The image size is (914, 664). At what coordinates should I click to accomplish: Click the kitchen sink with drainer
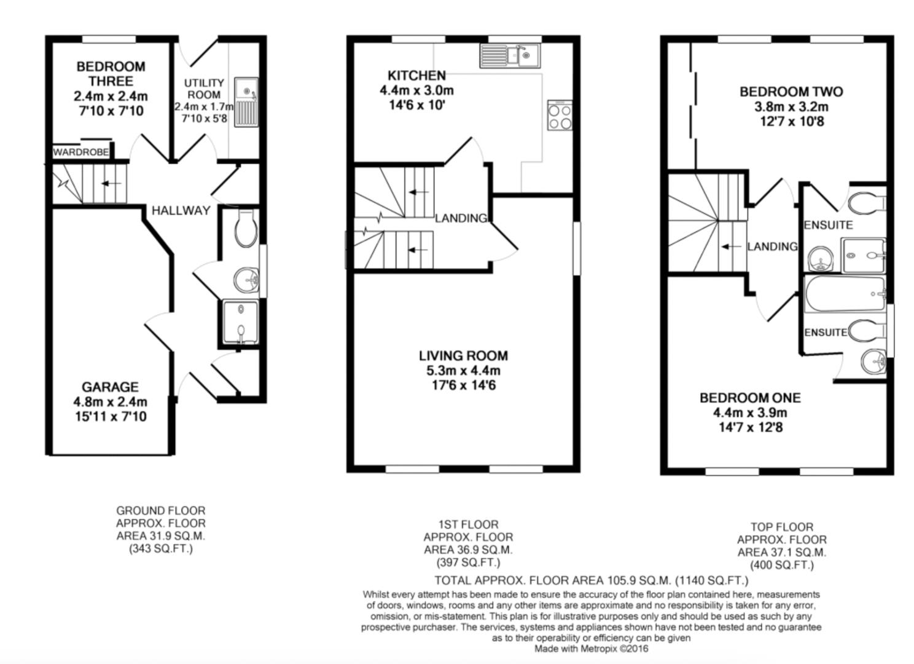pos(509,55)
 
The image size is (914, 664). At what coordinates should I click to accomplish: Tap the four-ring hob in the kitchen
pos(560,116)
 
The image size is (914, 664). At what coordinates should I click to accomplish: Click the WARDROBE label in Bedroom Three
pos(80,152)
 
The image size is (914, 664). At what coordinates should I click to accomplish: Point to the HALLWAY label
pos(181,210)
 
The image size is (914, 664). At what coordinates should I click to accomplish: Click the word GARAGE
pos(110,387)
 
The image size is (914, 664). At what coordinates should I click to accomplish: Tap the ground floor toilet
pos(246,227)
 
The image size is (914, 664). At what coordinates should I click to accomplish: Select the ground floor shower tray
pos(241,323)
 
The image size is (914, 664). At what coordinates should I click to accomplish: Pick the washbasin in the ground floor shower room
pos(247,280)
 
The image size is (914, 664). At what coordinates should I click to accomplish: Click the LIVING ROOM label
pos(463,355)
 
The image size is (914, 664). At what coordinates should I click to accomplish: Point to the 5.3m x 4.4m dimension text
pos(463,371)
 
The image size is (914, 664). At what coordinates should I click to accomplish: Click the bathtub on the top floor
pos(844,294)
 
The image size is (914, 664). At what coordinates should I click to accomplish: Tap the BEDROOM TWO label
pos(791,92)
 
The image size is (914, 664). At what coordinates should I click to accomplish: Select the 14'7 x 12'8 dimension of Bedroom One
pos(750,427)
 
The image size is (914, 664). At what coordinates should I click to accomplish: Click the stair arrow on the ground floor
pos(111,184)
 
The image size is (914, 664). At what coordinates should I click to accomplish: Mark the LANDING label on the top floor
pos(772,247)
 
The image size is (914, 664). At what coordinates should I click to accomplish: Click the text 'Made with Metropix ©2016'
pos(591,649)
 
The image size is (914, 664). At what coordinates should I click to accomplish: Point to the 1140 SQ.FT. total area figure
pos(712,580)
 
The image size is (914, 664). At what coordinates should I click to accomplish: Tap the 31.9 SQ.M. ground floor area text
pos(161,536)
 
